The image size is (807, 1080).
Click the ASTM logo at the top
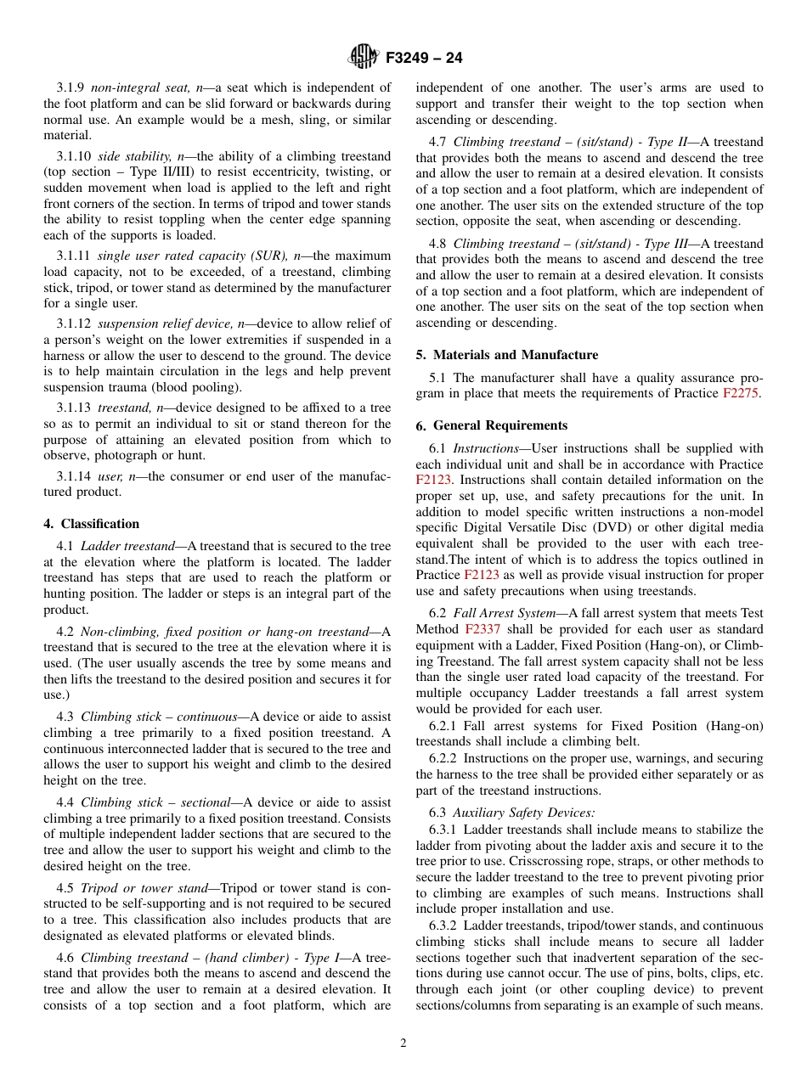pyautogui.click(x=364, y=58)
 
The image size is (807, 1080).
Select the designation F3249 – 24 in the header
pyautogui.click(x=424, y=59)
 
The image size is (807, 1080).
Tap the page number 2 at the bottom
pyautogui.click(x=403, y=1043)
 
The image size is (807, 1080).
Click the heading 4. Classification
pyautogui.click(x=92, y=524)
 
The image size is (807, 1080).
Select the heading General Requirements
pyautogui.click(x=500, y=425)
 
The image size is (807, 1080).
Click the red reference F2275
pyautogui.click(x=740, y=393)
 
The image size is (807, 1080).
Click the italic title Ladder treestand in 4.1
pyautogui.click(x=127, y=546)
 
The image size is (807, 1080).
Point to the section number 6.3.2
pyautogui.click(x=443, y=925)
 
